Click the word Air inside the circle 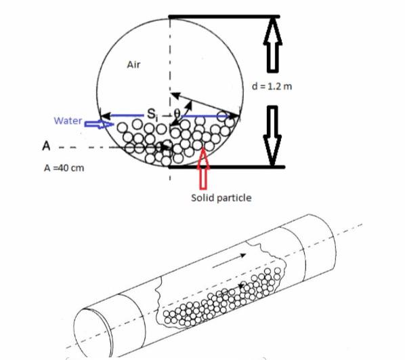(x=133, y=65)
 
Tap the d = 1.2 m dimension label (x=272, y=86)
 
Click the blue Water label (x=68, y=121)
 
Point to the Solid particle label (x=221, y=198)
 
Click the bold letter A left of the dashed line (x=45, y=146)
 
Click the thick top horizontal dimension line (x=223, y=16)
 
